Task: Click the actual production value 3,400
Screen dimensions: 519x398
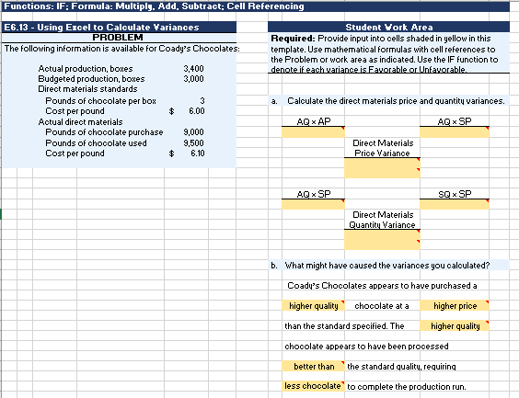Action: click(x=193, y=69)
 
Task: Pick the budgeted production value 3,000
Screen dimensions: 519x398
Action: click(x=193, y=78)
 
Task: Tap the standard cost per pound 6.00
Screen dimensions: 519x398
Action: click(x=196, y=110)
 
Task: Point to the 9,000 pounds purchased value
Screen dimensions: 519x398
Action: click(x=193, y=132)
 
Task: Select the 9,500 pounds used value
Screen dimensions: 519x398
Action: click(x=193, y=142)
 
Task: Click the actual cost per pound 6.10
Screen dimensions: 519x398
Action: click(x=196, y=153)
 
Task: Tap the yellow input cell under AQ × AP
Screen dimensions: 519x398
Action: click(x=312, y=132)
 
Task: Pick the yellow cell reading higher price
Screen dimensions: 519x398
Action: click(x=455, y=305)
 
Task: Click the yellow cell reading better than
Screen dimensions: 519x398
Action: click(x=313, y=366)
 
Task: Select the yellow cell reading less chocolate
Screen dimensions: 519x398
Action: click(x=313, y=386)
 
